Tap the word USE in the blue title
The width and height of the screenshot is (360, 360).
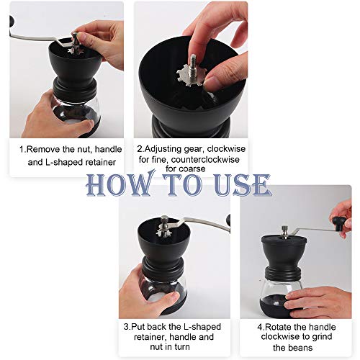(x=243, y=184)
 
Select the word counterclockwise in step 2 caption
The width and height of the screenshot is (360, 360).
(x=205, y=159)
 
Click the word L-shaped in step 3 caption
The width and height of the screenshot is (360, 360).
(x=202, y=327)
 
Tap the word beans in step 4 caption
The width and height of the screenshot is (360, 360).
(x=301, y=347)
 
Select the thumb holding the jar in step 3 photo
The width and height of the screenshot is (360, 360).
(x=165, y=301)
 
